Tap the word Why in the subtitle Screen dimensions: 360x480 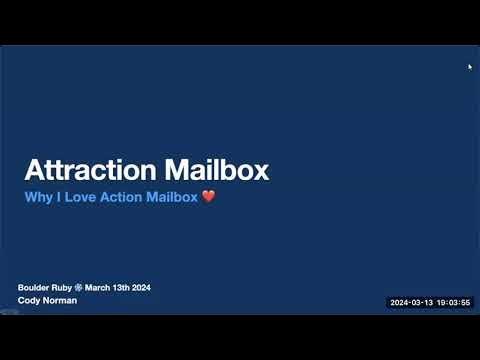(37, 197)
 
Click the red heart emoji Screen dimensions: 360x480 (208, 197)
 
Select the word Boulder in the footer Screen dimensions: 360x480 (34, 288)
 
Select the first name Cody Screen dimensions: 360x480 (29, 300)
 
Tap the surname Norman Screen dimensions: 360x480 (59, 300)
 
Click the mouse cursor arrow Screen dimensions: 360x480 (470, 67)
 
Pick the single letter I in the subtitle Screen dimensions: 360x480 (55, 197)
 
